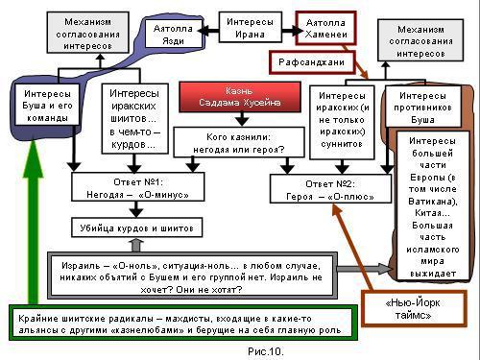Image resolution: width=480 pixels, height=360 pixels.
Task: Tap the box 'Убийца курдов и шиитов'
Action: pyautogui.click(x=135, y=228)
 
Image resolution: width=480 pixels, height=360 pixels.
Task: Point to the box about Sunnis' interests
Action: pyautogui.click(x=342, y=119)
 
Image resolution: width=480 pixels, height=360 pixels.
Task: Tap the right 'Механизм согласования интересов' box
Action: pyautogui.click(x=424, y=43)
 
